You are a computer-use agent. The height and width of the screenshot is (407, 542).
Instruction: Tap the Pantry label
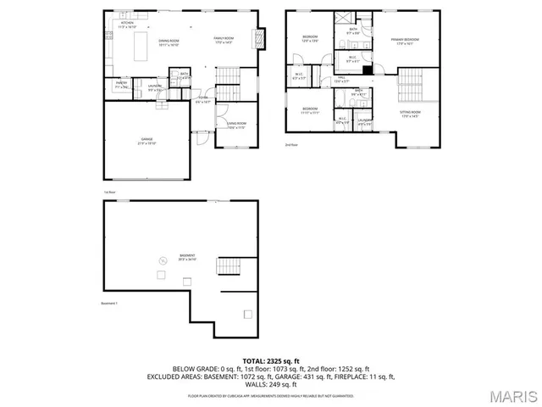tap(121, 85)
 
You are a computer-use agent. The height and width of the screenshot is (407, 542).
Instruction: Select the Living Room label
tap(236, 127)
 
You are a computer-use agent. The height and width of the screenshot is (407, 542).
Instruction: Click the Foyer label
tap(203, 100)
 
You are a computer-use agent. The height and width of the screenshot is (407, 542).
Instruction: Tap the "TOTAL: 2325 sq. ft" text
tap(270, 361)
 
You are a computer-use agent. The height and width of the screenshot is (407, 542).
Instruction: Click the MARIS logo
tap(509, 396)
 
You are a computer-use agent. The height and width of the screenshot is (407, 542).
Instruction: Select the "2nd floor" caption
tap(291, 145)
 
